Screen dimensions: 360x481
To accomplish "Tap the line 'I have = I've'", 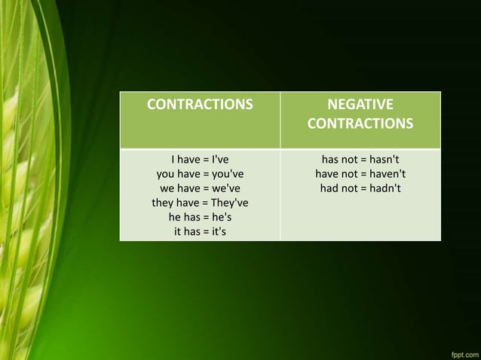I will (200, 160).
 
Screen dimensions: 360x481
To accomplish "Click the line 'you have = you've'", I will (200, 174).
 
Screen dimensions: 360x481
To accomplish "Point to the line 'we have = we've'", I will (200, 188).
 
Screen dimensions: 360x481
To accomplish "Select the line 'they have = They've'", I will (200, 203).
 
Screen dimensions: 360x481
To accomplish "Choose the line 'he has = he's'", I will (200, 217).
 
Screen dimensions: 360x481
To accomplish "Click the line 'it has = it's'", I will (200, 231).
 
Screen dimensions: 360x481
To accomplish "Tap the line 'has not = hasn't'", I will (360, 160).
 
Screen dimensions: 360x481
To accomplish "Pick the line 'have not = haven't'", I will (360, 174).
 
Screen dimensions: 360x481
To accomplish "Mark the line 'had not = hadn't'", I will (360, 188).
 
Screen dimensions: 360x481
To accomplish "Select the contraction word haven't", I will (387, 174).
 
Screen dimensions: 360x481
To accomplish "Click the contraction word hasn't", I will (384, 160).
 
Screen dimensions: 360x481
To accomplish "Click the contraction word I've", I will (221, 160).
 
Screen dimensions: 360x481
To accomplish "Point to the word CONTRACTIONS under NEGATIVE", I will (360, 123).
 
